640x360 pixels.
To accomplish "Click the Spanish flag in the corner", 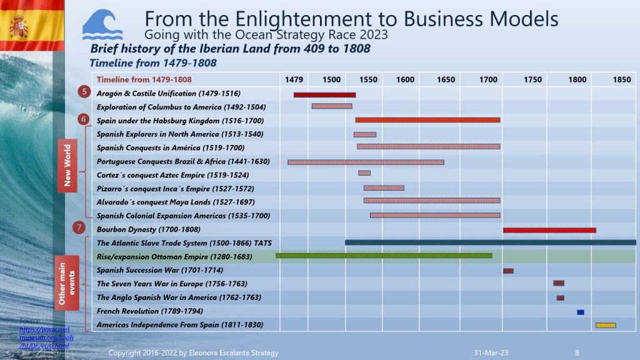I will [19, 25].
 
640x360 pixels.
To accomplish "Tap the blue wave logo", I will [102, 25].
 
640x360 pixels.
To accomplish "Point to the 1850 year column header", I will [621, 79].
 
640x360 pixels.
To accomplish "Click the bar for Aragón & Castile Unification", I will [324, 95].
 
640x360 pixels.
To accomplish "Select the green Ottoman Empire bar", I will [384, 256].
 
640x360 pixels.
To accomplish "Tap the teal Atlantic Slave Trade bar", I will [490, 242].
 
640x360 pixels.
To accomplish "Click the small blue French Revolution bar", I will [580, 312].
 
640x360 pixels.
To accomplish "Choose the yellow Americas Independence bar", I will [605, 325].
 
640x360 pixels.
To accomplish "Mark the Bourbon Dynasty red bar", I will [549, 230].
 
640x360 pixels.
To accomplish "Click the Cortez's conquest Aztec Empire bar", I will [364, 173].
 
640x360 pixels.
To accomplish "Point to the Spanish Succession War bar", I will [508, 271].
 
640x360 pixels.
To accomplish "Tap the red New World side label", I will [67, 165].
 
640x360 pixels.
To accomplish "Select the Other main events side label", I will [67, 282].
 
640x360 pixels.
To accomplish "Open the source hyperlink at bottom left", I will [44, 337].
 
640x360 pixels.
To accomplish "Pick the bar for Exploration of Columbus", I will [332, 106].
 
